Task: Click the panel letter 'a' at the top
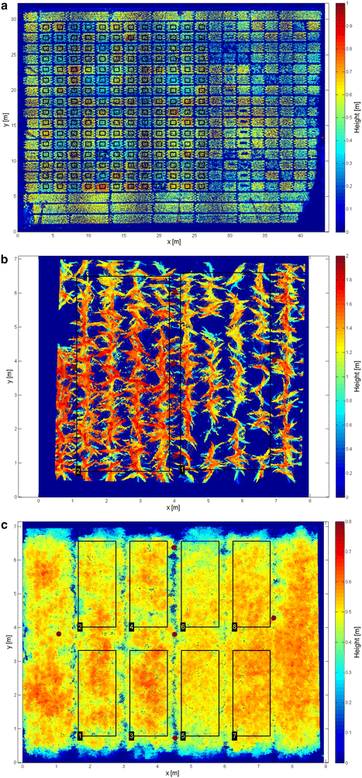[5, 6]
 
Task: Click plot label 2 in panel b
[78, 470]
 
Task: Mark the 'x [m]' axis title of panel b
[174, 509]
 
